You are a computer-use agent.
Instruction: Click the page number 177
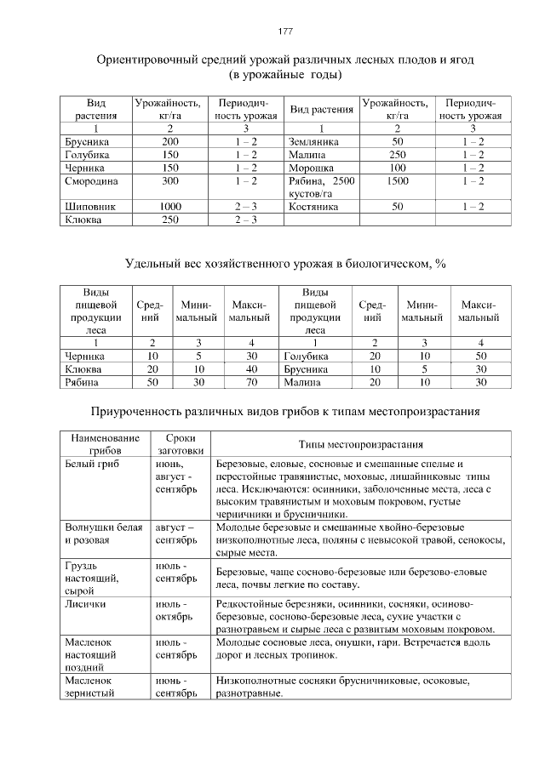285,31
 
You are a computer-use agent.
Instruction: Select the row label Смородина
92,181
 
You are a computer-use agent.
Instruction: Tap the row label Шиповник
90,207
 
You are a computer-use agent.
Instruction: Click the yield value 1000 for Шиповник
170,207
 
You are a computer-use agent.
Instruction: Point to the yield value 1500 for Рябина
398,181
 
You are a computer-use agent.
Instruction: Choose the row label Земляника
314,141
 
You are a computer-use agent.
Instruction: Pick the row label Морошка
312,168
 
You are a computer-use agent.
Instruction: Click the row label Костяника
313,207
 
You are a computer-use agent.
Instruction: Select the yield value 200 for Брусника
170,141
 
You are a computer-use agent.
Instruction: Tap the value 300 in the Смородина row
170,181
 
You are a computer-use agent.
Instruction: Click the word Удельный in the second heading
154,264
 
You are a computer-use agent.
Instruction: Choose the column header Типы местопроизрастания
361,444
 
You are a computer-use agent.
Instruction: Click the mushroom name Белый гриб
91,465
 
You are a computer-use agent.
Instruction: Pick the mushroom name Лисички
85,603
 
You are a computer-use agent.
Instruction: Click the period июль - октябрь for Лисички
176,610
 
